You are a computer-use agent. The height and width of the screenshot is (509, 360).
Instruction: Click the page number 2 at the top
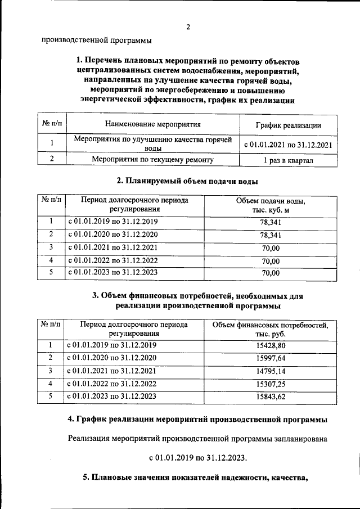click(x=188, y=27)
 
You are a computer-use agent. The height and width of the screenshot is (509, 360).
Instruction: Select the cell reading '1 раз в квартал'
click(x=288, y=161)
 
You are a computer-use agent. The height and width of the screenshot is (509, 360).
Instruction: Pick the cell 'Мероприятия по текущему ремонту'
click(x=152, y=160)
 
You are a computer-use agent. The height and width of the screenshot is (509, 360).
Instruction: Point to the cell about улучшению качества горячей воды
click(x=152, y=144)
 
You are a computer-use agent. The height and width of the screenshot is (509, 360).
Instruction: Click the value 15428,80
click(x=271, y=345)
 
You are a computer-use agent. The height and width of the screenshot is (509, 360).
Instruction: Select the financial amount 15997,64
click(x=271, y=358)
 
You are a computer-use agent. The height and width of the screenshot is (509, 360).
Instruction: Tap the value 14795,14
click(x=271, y=371)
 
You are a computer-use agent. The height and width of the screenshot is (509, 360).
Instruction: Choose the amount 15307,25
click(x=271, y=384)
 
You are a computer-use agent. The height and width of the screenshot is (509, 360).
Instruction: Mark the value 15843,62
click(x=271, y=397)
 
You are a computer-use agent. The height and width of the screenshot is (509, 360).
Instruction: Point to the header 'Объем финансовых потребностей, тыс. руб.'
click(x=271, y=329)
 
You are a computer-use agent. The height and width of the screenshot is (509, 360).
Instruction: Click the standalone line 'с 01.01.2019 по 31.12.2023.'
click(x=197, y=457)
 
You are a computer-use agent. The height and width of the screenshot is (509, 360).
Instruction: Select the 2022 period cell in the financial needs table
click(x=112, y=384)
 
